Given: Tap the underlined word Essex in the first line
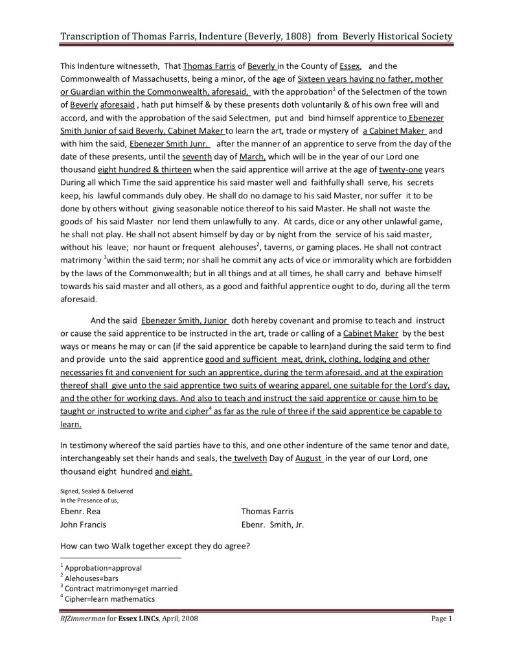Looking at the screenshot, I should tap(350, 66).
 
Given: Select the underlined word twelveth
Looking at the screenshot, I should tap(251, 458).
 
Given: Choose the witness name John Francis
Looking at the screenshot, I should tap(83, 525).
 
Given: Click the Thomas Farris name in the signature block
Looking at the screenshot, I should tap(267, 512).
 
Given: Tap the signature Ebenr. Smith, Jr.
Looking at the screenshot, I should tap(272, 525).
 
